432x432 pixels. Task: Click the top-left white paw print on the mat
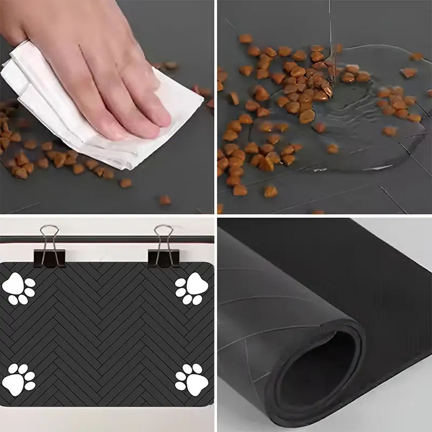18,289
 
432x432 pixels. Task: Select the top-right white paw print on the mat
192,289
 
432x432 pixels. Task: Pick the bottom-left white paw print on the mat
18,379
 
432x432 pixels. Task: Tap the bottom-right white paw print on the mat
192,377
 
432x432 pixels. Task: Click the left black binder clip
49,257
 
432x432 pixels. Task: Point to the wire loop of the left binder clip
49,235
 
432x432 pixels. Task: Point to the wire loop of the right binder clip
163,235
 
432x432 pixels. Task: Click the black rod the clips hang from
108,239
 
